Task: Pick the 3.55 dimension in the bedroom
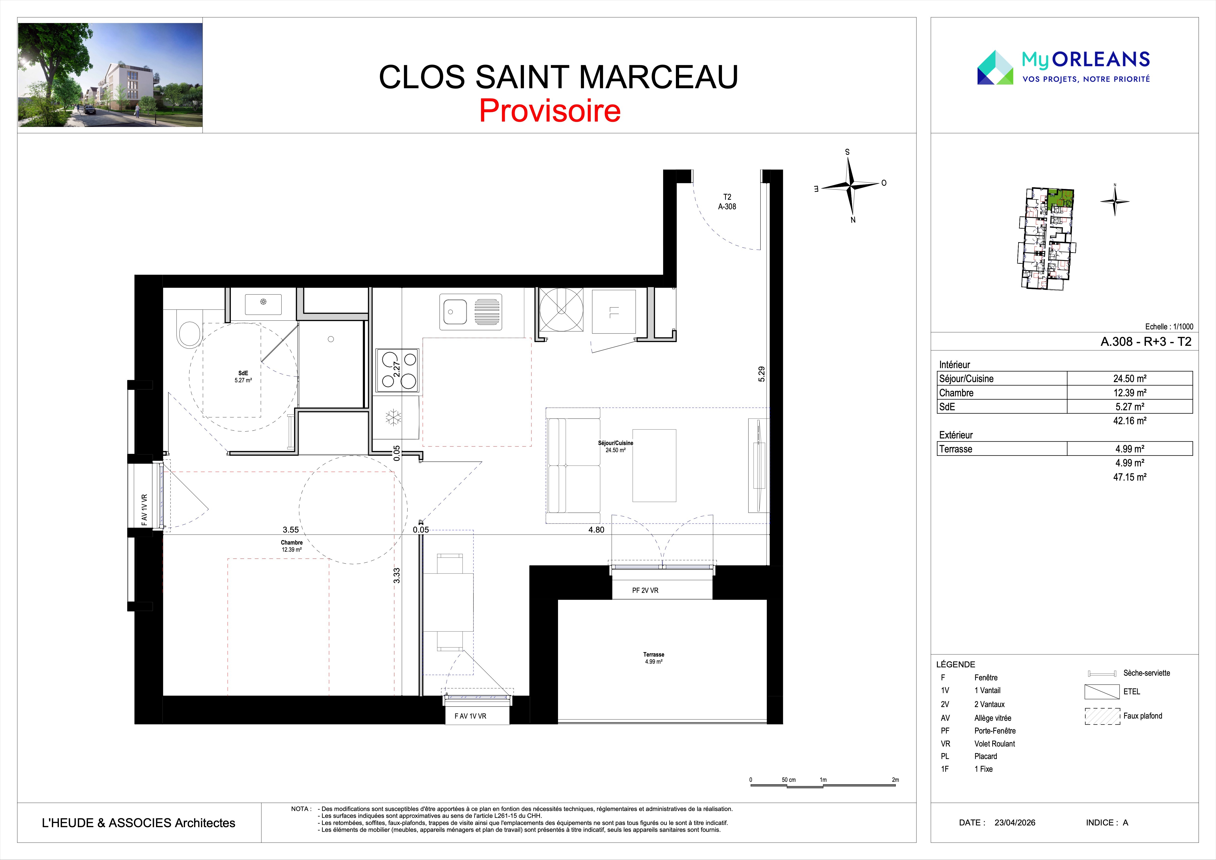[290, 530]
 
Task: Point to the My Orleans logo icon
[995, 67]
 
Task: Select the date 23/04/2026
[1015, 823]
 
